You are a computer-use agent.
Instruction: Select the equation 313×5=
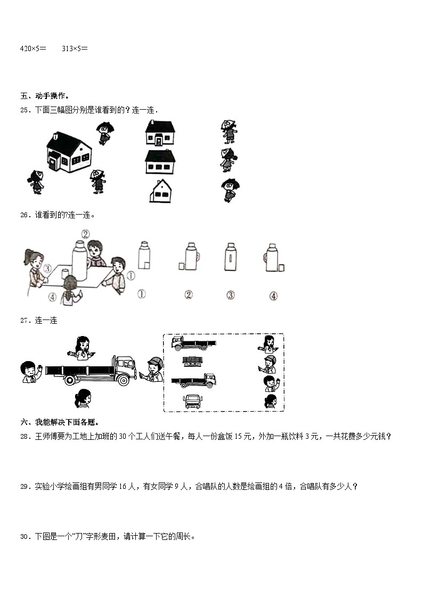coord(75,48)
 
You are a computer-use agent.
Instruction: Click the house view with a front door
coord(160,133)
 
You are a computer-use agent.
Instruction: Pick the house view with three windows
coord(160,162)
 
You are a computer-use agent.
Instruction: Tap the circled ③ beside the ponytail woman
coord(48,268)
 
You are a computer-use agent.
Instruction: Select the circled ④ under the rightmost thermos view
coord(273,296)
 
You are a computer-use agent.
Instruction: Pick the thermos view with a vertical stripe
coord(230,258)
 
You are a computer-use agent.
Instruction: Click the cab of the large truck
coord(125,366)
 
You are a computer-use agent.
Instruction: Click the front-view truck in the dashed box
coord(192,402)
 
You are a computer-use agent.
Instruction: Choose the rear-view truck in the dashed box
coord(192,362)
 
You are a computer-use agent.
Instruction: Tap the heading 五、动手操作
coord(45,96)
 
